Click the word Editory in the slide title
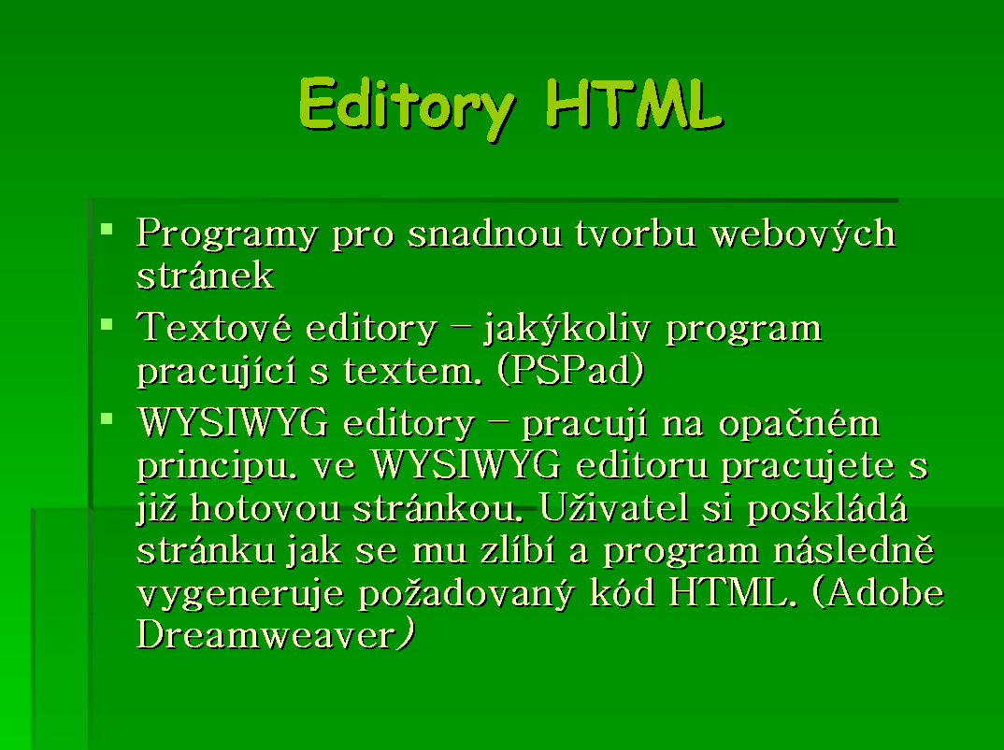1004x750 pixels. [x=408, y=107]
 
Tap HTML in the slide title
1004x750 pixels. [x=635, y=104]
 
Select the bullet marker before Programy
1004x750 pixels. [x=107, y=229]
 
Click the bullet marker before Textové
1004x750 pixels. [x=107, y=324]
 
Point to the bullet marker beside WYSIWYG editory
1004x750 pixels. [x=107, y=419]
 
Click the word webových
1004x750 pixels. [x=803, y=233]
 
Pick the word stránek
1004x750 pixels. [x=205, y=276]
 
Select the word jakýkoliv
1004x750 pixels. [x=567, y=329]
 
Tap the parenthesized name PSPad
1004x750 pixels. [x=570, y=371]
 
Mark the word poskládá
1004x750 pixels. [x=827, y=509]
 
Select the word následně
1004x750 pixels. [x=853, y=550]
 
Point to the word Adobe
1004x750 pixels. [x=878, y=592]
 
